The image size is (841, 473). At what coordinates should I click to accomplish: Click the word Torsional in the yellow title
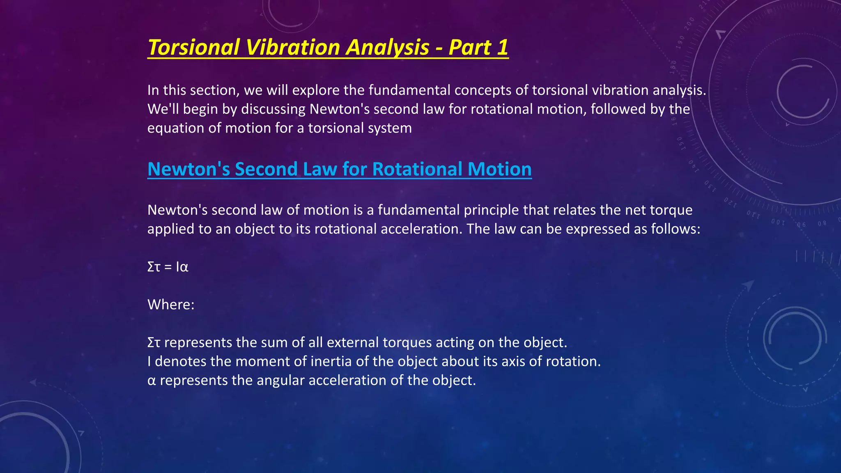coord(193,47)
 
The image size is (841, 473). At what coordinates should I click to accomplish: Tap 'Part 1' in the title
coord(478,47)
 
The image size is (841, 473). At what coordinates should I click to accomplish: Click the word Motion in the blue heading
coord(499,169)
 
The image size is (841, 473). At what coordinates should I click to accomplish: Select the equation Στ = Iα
coord(168,267)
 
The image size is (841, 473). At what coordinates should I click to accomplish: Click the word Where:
coord(171,305)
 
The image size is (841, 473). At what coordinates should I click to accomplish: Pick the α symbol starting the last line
coord(152,381)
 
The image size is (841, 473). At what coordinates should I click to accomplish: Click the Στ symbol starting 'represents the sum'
coord(154,342)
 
